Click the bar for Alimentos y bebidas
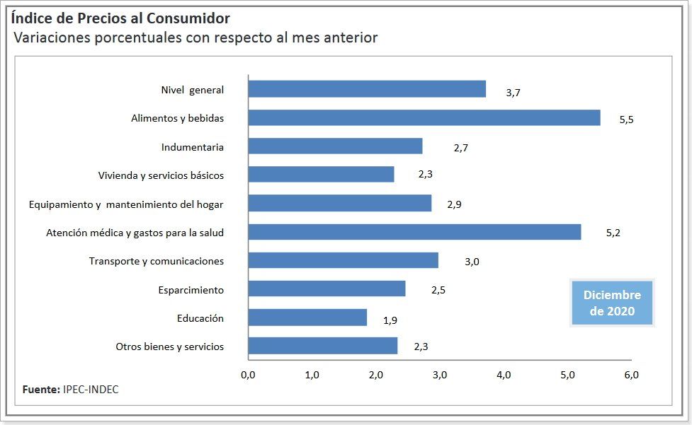coord(424,118)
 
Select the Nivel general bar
coord(367,89)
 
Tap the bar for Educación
coord(307,318)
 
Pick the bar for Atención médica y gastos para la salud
coord(414,232)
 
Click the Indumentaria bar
coord(335,146)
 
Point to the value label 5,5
coord(626,120)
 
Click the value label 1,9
coord(390,320)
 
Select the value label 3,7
coord(514,92)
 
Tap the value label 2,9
coord(455,205)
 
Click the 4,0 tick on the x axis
coord(504,375)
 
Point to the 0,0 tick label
coord(248,375)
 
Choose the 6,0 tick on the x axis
coord(631,375)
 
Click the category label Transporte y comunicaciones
coord(157,261)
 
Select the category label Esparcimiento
coord(191,290)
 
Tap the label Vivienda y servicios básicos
coord(161,175)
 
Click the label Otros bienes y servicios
coord(169,347)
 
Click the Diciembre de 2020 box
coord(612,303)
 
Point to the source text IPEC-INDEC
coord(91,390)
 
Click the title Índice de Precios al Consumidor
coord(120,18)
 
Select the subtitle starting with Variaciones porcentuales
coord(195,37)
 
